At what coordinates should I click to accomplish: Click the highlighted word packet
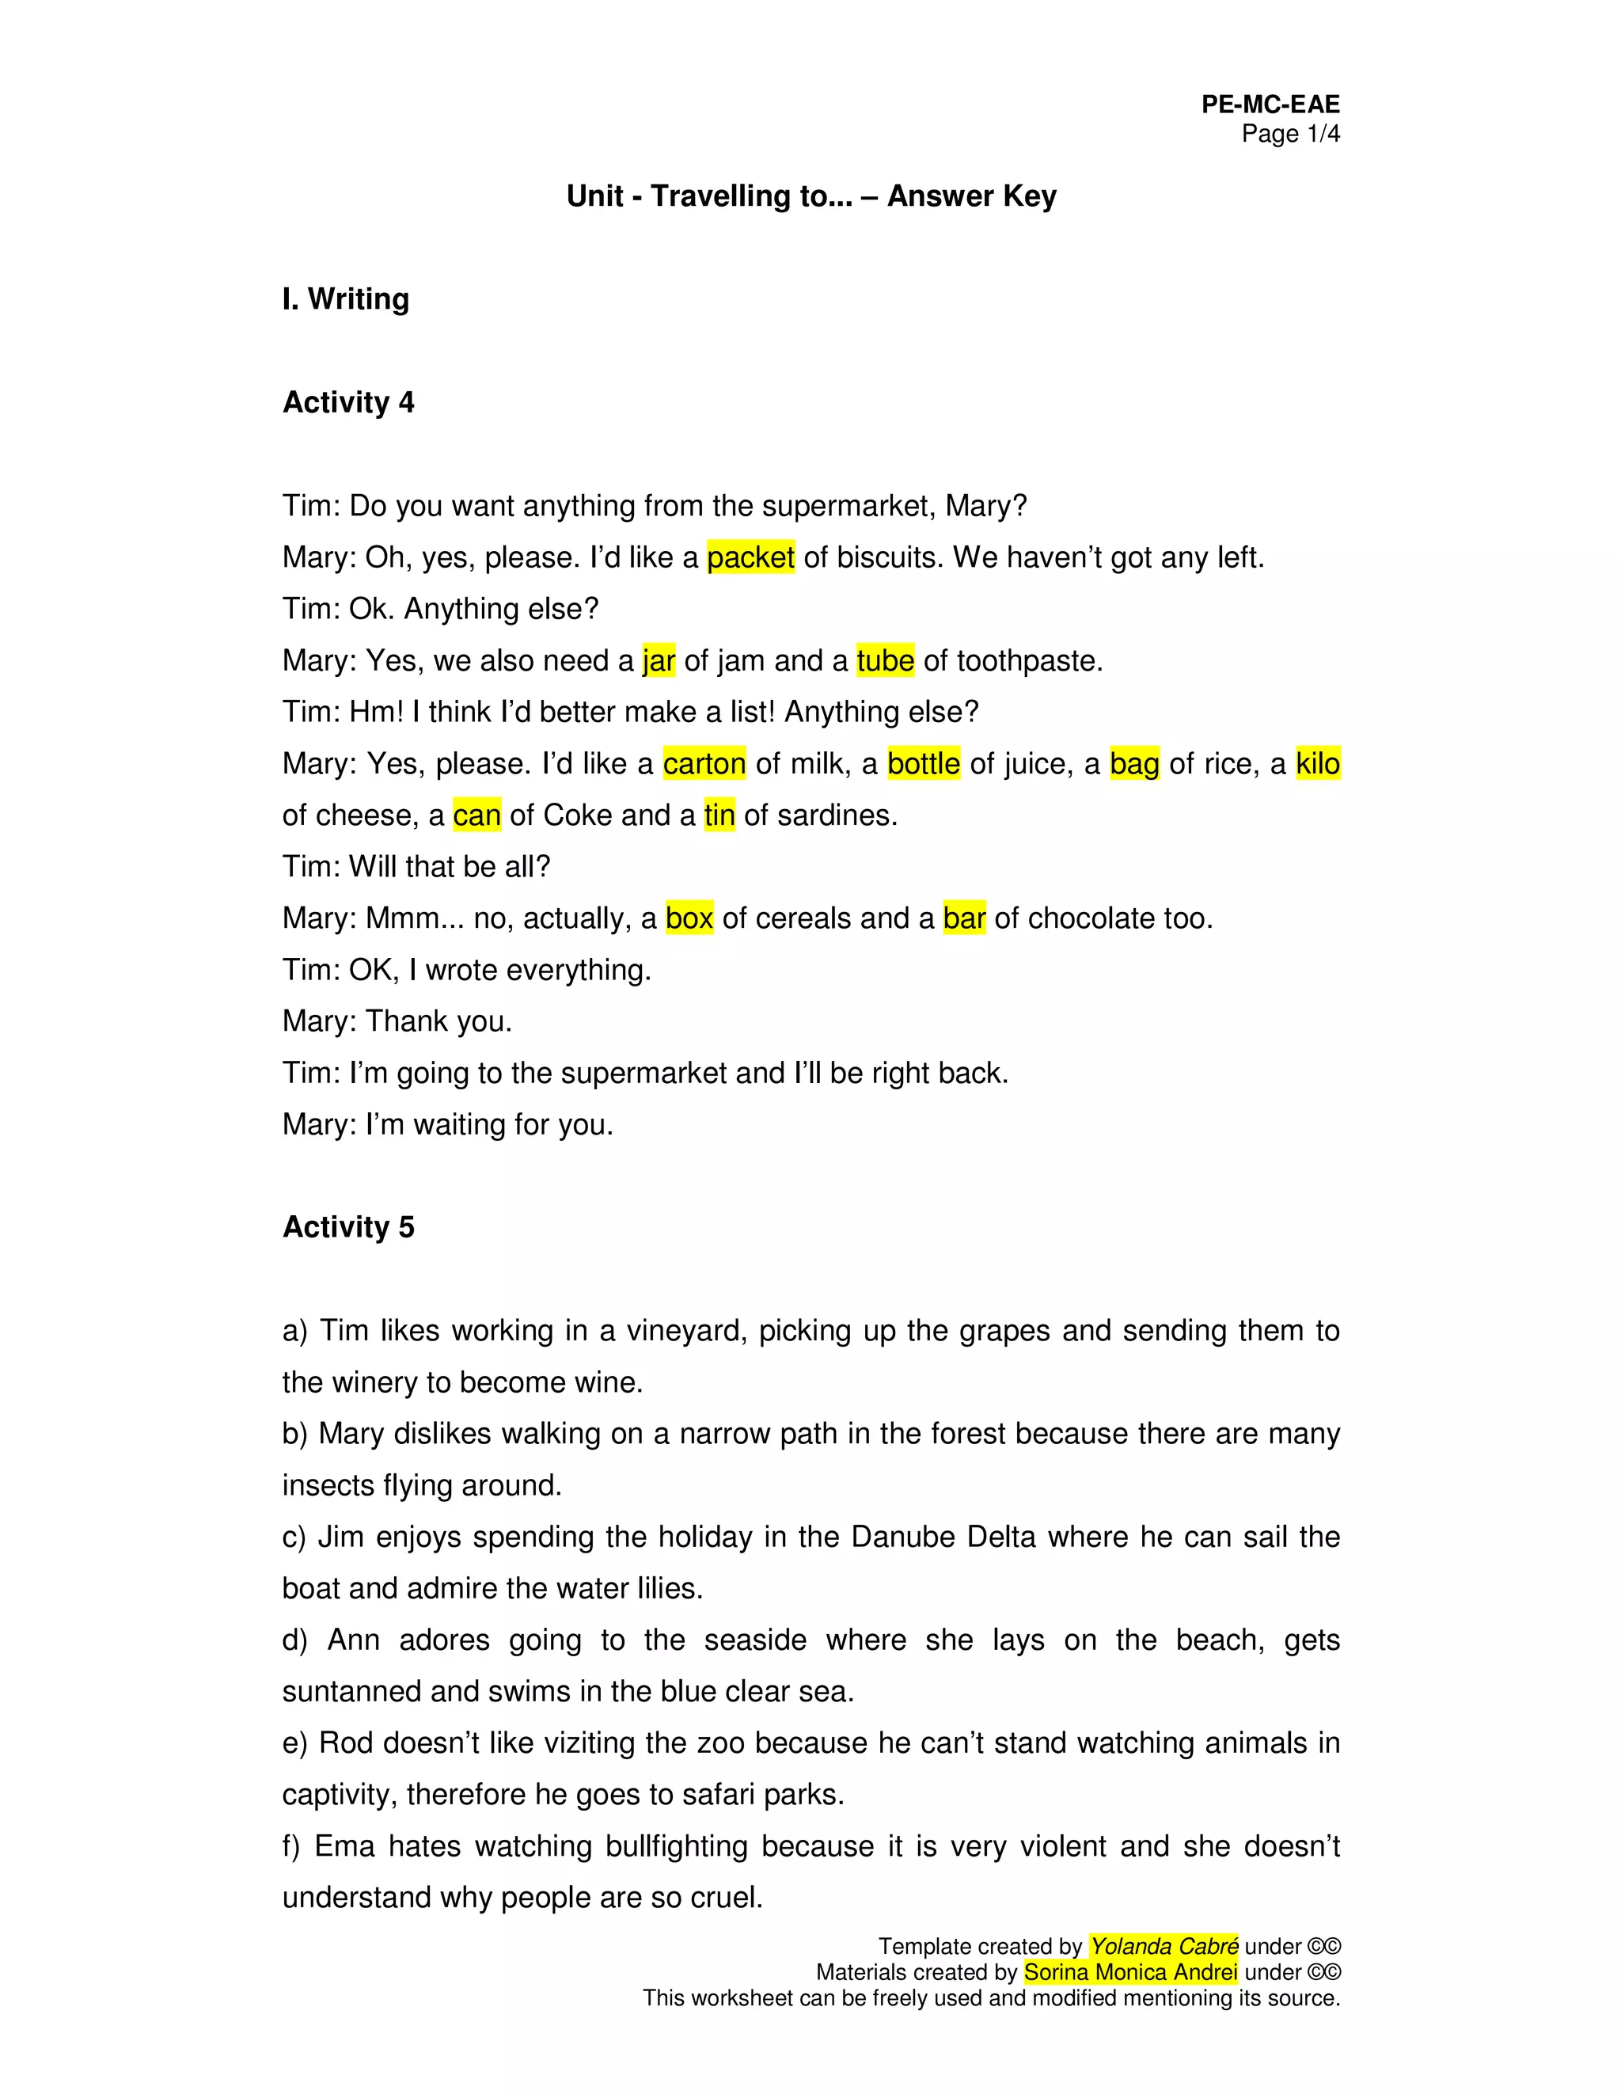click(x=750, y=557)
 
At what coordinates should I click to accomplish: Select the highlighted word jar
click(x=659, y=661)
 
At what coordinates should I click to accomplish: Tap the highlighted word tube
click(x=884, y=661)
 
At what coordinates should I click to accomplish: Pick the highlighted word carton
click(x=704, y=764)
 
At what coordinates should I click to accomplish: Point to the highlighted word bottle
click(x=923, y=764)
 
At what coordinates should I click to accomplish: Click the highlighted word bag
click(x=1134, y=764)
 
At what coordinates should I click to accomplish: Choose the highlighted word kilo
click(x=1318, y=764)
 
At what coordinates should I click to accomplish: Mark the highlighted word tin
click(x=719, y=815)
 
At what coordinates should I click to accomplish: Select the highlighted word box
click(x=689, y=918)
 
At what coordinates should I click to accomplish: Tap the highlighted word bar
click(x=964, y=918)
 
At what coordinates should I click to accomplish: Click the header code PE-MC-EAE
click(x=1270, y=105)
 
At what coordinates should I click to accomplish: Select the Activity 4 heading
click(x=348, y=402)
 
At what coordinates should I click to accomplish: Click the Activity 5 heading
click(x=348, y=1226)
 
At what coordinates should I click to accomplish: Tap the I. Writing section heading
click(x=346, y=298)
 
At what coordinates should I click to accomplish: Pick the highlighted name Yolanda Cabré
click(x=1164, y=1946)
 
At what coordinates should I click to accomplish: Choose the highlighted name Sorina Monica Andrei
click(x=1130, y=1972)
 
